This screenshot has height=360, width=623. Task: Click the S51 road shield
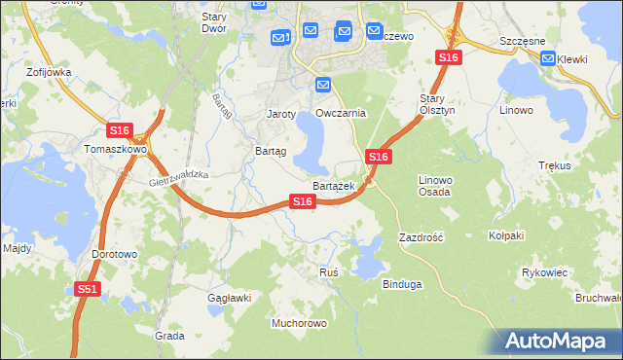(88, 289)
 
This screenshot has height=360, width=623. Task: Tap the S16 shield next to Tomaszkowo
(119, 130)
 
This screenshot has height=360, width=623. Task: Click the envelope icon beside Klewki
(548, 59)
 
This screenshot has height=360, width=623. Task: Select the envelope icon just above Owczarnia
(323, 86)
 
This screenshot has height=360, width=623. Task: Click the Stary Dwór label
(213, 22)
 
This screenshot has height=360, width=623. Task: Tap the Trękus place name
(554, 165)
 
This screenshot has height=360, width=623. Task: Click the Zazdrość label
(421, 237)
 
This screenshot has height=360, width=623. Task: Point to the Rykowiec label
(544, 272)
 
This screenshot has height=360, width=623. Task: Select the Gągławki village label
(229, 298)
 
